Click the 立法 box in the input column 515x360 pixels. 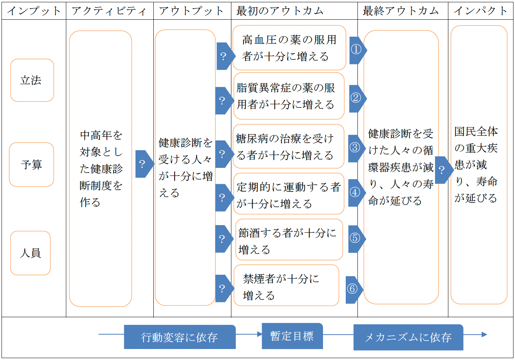[32, 80]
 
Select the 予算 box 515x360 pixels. [31, 164]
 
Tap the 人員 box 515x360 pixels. [30, 253]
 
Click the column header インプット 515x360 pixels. [34, 11]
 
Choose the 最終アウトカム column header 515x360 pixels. [401, 11]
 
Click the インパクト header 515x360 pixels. [481, 11]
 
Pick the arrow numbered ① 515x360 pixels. [358, 50]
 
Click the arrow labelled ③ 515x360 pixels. [357, 149]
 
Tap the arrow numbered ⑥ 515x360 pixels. [354, 290]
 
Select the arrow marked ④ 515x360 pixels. [357, 193]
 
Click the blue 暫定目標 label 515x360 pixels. [292, 336]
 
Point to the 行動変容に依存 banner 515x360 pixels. [180, 337]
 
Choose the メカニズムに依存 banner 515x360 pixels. [408, 337]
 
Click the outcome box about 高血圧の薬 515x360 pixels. [289, 48]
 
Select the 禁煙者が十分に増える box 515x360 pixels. [286, 285]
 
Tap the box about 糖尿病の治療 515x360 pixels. [289, 146]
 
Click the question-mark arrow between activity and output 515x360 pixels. [145, 164]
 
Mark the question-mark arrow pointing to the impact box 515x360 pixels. [444, 170]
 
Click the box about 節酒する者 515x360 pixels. [289, 239]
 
